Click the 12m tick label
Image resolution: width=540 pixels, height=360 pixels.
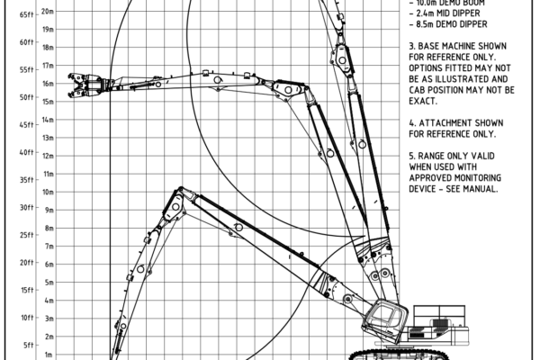tap(47, 155)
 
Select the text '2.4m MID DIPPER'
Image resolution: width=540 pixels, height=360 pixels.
tap(447, 14)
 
